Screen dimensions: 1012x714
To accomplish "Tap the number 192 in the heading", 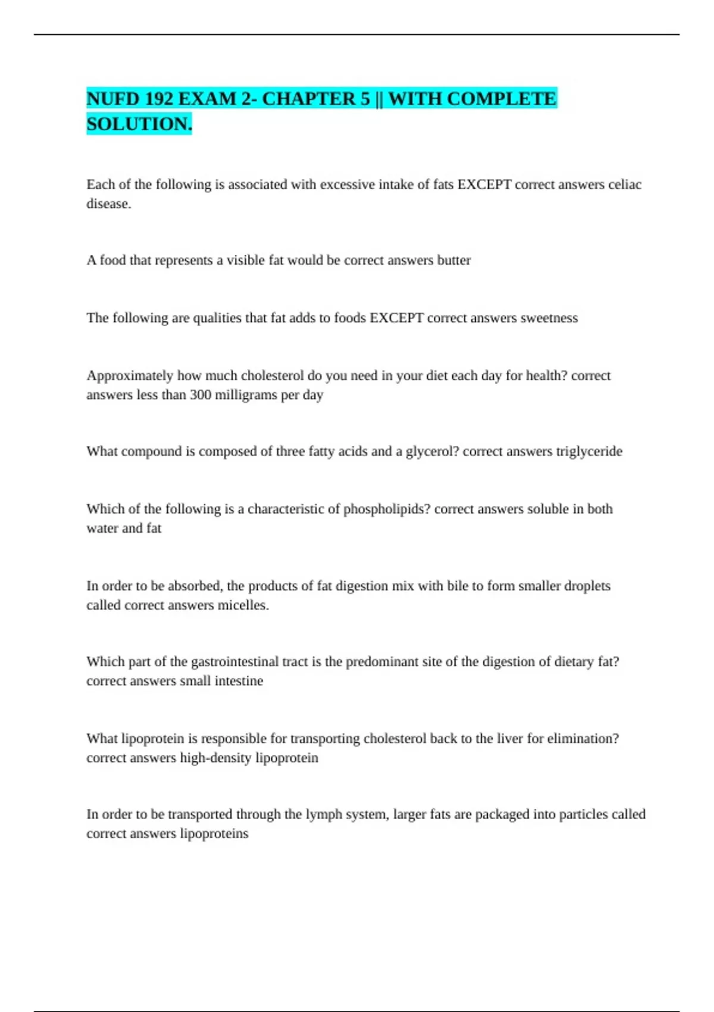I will tap(158, 99).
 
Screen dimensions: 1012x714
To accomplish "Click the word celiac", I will tap(624, 185).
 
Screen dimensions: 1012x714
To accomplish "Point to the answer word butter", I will tap(454, 260).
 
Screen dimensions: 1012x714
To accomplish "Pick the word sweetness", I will tap(549, 318).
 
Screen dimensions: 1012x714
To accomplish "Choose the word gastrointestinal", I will tap(234, 662).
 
